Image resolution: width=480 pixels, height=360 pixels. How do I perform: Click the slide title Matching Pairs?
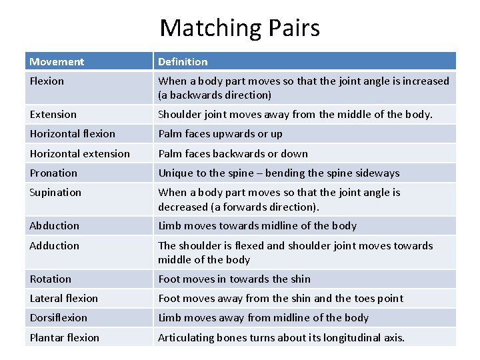[x=240, y=27]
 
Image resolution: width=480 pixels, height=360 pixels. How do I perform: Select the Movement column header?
[x=57, y=62]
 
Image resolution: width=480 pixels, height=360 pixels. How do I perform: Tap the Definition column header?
[x=183, y=62]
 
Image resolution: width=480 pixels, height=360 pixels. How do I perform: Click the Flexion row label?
[x=47, y=81]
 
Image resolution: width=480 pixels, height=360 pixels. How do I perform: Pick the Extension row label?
[x=53, y=115]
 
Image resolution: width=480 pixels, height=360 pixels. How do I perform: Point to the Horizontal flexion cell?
[x=73, y=134]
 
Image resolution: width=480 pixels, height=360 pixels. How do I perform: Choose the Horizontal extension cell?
[x=80, y=153]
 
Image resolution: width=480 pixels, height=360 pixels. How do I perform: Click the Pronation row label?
[x=54, y=173]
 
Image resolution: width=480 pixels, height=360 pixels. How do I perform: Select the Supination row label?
[x=56, y=193]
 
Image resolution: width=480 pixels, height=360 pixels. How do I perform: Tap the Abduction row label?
[x=55, y=226]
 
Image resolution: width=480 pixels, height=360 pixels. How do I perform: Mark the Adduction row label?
[x=55, y=245]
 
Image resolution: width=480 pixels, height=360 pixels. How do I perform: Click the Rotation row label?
[x=51, y=279]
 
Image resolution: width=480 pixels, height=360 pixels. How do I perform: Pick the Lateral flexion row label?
[x=64, y=298]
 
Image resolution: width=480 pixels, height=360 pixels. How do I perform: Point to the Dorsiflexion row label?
[x=59, y=318]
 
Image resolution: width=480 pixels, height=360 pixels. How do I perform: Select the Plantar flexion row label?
[x=65, y=337]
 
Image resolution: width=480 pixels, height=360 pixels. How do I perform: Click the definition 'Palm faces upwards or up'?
[x=220, y=134]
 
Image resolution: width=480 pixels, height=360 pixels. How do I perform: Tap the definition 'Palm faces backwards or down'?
[x=233, y=153]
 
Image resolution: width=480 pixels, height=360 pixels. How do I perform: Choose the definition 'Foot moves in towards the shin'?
[x=234, y=279]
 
